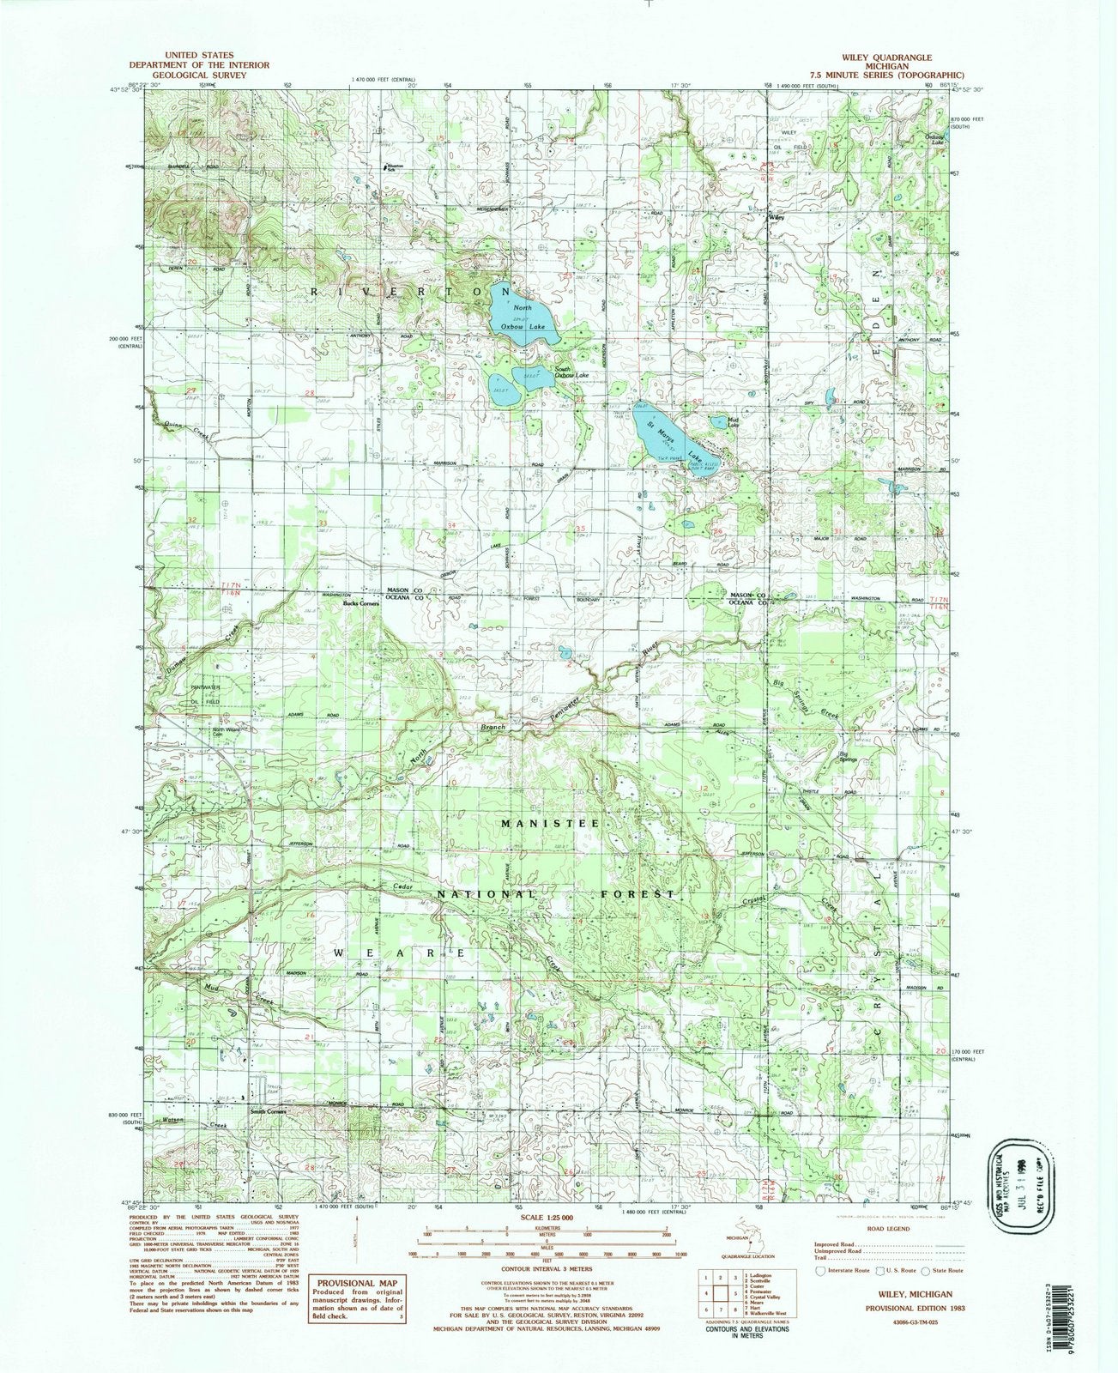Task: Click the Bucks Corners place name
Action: click(x=361, y=603)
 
